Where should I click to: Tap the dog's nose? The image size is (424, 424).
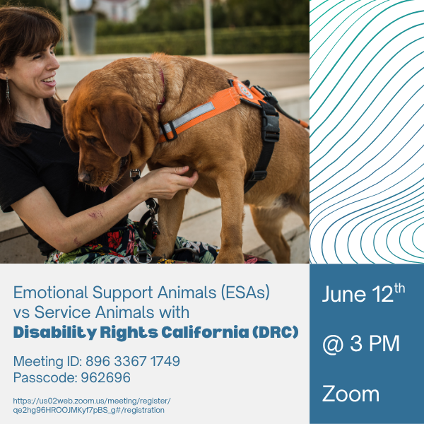tap(84, 177)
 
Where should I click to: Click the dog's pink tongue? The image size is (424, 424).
tap(104, 188)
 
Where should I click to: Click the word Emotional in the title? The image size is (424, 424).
tap(51, 293)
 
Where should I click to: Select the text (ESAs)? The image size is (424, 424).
tap(245, 293)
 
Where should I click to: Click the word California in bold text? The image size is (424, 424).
tap(205, 332)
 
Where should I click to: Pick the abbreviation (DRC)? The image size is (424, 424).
tap(276, 332)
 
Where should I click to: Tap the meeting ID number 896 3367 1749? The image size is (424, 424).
tap(133, 361)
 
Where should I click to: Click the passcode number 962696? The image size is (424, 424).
tap(106, 377)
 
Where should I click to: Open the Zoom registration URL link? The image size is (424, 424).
tap(92, 406)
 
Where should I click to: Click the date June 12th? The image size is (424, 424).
tap(363, 293)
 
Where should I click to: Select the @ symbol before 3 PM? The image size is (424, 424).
tap(333, 344)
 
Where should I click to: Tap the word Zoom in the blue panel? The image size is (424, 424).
tap(351, 394)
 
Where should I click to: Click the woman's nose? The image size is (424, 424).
tap(54, 64)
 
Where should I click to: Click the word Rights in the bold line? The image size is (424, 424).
tap(129, 333)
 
